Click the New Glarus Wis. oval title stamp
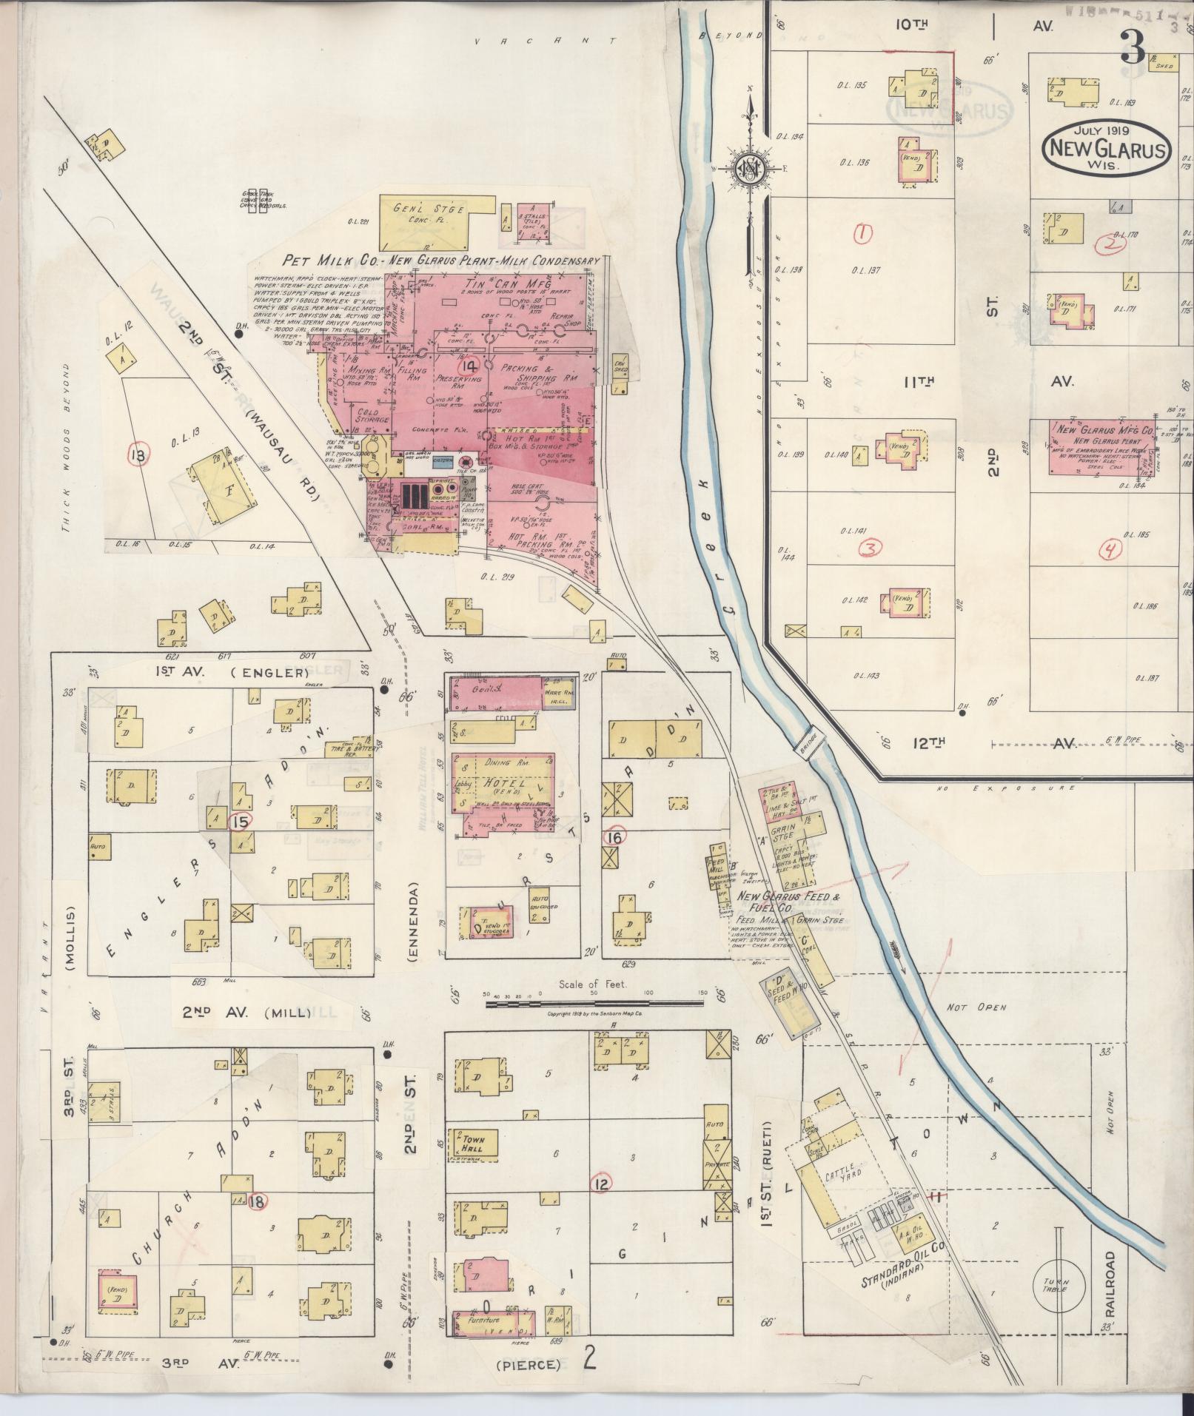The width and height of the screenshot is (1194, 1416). tap(1107, 149)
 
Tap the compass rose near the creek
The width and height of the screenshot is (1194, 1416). tap(749, 169)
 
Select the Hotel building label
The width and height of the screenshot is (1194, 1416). tap(503, 783)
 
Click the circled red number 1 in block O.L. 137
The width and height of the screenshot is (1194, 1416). tap(862, 233)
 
